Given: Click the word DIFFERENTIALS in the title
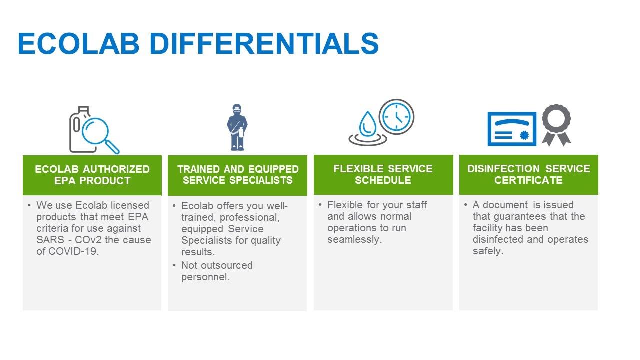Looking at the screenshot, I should click(x=264, y=44).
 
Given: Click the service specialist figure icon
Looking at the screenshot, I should click(x=237, y=127).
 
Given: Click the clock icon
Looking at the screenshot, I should click(x=396, y=117).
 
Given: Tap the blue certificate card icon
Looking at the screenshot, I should click(x=512, y=129).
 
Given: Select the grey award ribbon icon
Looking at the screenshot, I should click(x=556, y=124).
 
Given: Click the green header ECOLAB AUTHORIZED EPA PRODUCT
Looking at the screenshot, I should click(x=92, y=175).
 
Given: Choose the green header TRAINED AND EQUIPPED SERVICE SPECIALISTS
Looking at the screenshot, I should click(x=238, y=175).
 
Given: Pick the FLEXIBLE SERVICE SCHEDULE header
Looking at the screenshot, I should click(x=383, y=174).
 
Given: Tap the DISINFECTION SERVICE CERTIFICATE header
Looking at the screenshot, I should click(x=528, y=174).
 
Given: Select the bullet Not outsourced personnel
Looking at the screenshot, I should click(x=217, y=271).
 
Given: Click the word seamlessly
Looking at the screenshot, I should click(x=354, y=239).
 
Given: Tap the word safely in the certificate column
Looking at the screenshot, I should click(x=487, y=251).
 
